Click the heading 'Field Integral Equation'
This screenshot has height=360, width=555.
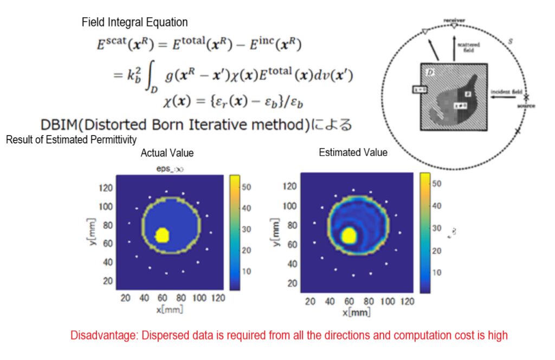pyautogui.click(x=135, y=22)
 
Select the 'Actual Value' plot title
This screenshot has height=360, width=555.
pyautogui.click(x=167, y=153)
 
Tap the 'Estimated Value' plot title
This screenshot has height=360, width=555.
pyautogui.click(x=353, y=152)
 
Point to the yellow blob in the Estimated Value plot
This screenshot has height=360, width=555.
pyautogui.click(x=349, y=235)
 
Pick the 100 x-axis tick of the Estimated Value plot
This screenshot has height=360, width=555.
pyautogui.click(x=386, y=301)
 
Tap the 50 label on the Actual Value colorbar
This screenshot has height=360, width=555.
pyautogui.click(x=247, y=187)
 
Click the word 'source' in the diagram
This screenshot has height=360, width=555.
pyautogui.click(x=526, y=106)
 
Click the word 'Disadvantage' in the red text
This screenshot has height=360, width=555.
pyautogui.click(x=104, y=335)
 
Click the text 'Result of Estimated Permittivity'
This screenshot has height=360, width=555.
pyautogui.click(x=71, y=140)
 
